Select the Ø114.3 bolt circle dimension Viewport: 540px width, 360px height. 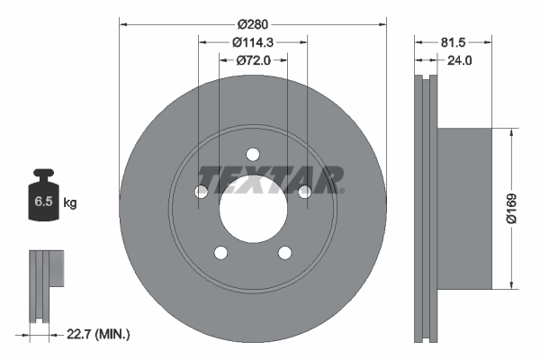click(x=253, y=41)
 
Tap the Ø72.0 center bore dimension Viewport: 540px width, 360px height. click(x=253, y=60)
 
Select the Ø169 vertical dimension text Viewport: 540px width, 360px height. click(x=509, y=209)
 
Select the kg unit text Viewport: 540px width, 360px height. click(x=70, y=203)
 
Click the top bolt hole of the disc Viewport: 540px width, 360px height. click(x=253, y=152)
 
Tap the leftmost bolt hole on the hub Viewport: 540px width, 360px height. click(x=202, y=191)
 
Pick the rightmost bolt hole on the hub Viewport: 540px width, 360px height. click(x=304, y=190)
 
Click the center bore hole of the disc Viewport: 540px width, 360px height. click(x=253, y=208)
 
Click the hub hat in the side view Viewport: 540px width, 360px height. click(x=464, y=209)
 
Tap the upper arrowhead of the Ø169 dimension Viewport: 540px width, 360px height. click(x=511, y=131)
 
